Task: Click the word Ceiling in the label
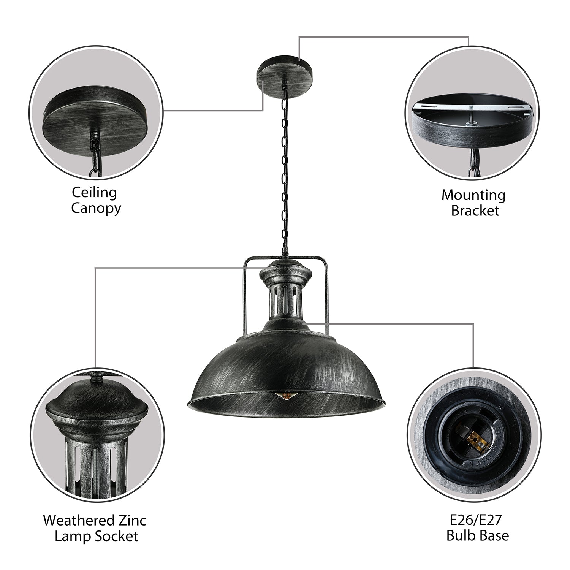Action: tap(95, 193)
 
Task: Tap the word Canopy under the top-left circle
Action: tap(96, 208)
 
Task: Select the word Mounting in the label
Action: tap(473, 196)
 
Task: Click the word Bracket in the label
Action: tap(475, 211)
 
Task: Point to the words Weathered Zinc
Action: tap(95, 520)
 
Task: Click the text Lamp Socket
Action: tap(96, 536)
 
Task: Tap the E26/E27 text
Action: tap(478, 519)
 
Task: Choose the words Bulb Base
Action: tap(478, 535)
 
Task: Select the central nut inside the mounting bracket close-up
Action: tap(471, 122)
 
